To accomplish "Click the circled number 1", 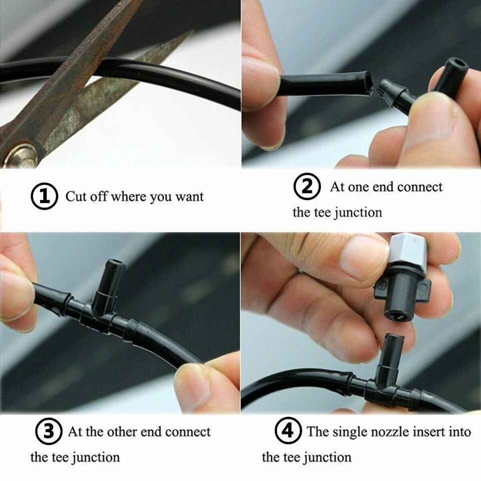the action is [44, 196].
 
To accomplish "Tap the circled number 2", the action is [307, 186].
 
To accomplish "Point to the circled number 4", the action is [288, 431].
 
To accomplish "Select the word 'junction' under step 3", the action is [96, 457].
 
